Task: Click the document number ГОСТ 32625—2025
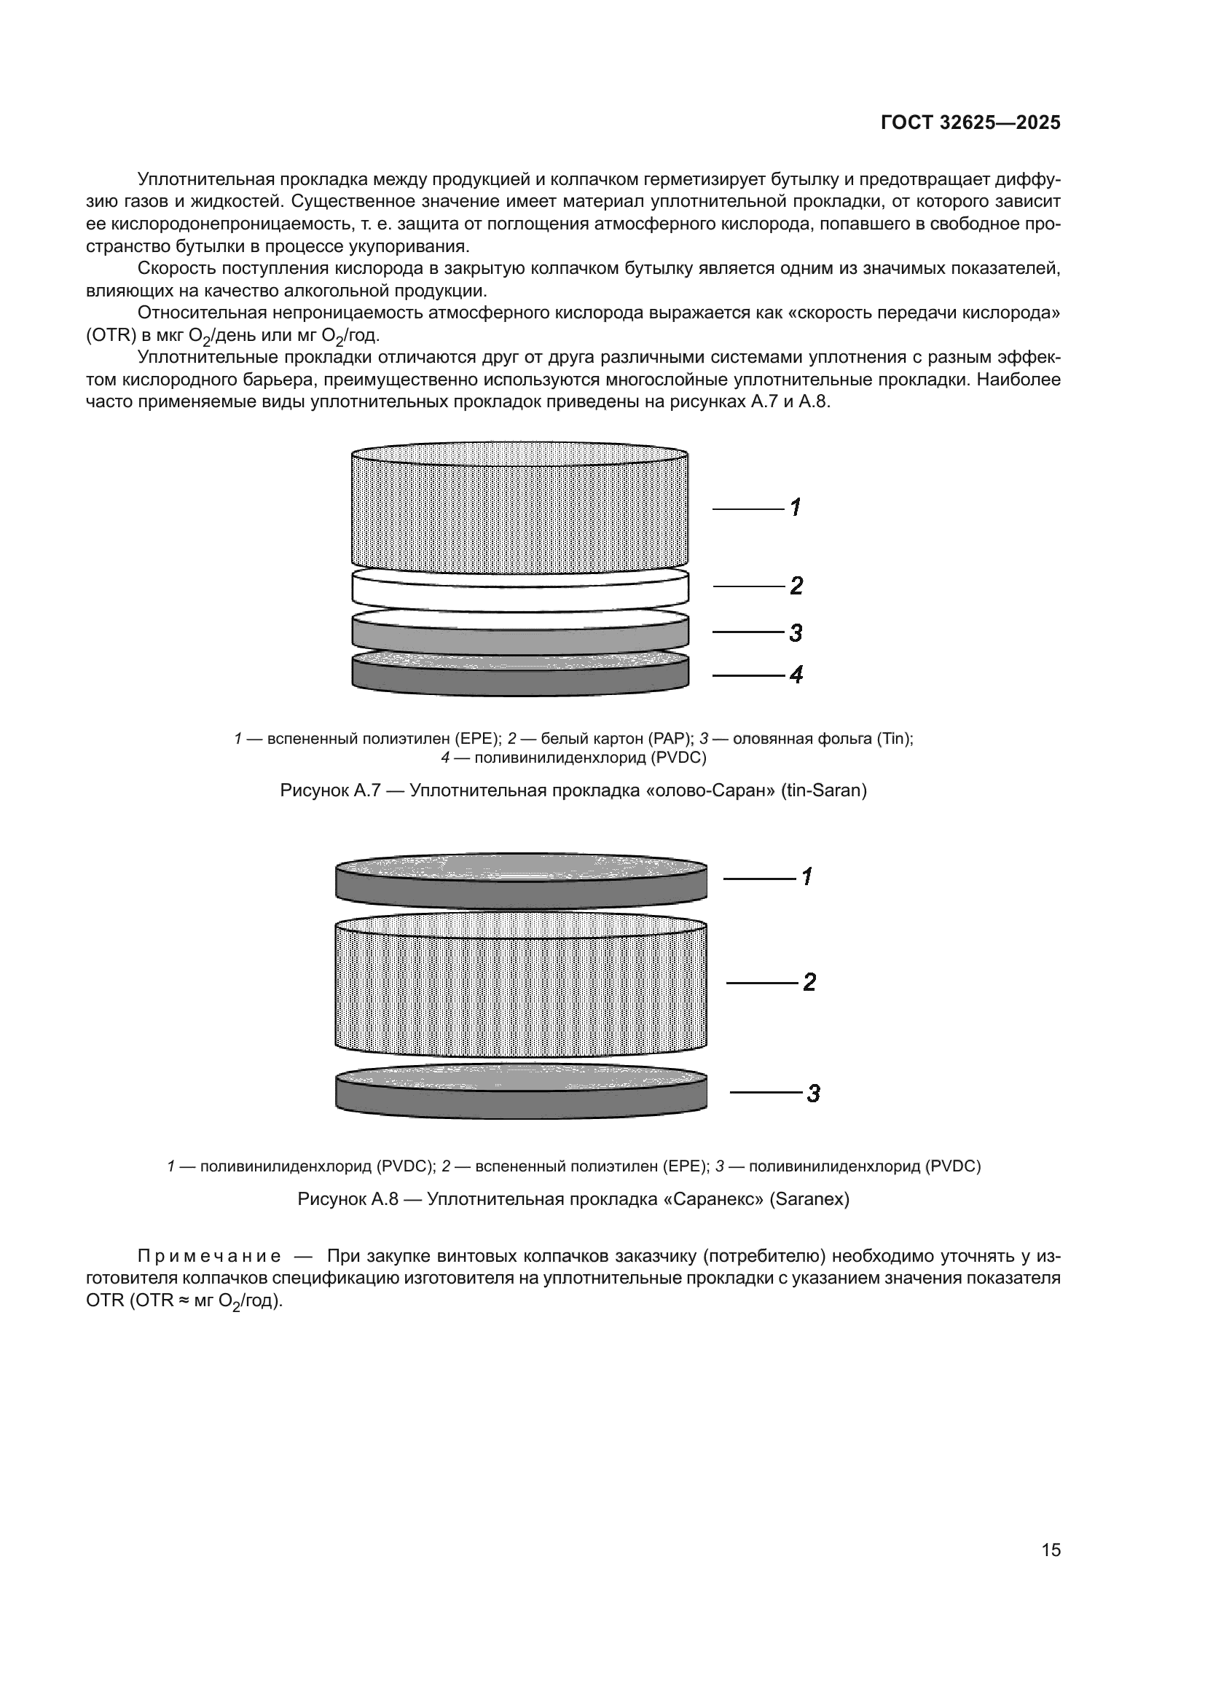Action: pyautogui.click(x=970, y=123)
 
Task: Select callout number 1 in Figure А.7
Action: pyautogui.click(x=795, y=508)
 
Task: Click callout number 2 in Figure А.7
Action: pyautogui.click(x=796, y=586)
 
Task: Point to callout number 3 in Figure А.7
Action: pyautogui.click(x=796, y=633)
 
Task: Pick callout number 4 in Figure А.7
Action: pyautogui.click(x=796, y=675)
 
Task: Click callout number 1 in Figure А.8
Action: pyautogui.click(x=807, y=876)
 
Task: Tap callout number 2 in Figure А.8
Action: pyautogui.click(x=809, y=983)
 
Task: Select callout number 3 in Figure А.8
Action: pyautogui.click(x=813, y=1094)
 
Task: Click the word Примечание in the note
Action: pyautogui.click(x=208, y=1257)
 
